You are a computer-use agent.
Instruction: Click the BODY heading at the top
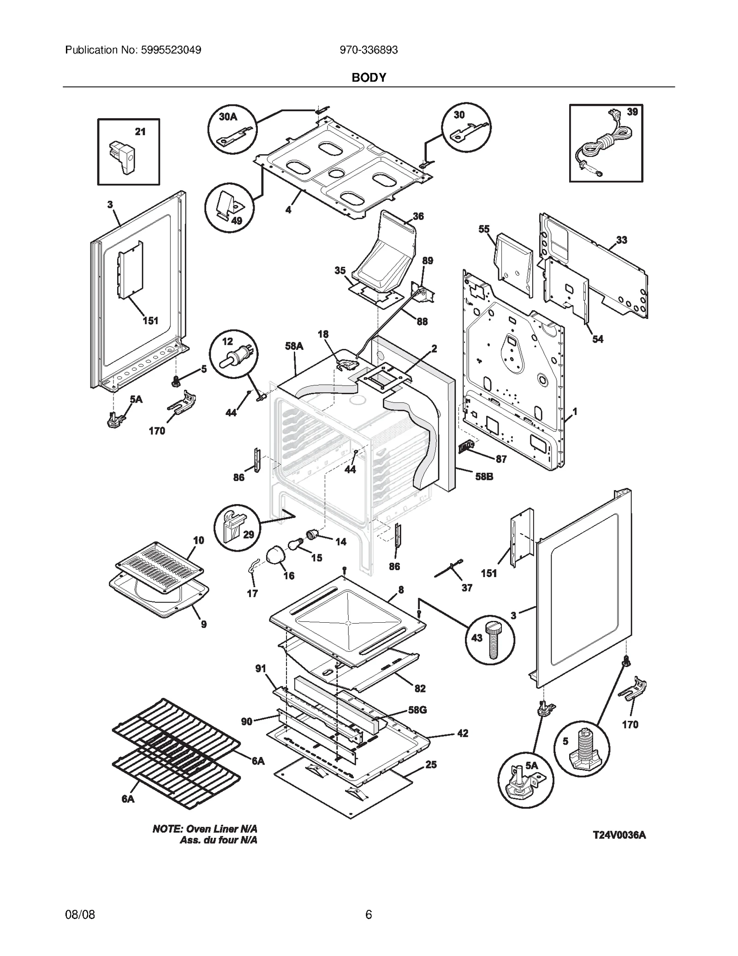(369, 78)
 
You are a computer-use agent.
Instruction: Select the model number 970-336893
(369, 50)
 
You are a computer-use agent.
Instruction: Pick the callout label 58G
(417, 709)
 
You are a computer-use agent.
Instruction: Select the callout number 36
(418, 216)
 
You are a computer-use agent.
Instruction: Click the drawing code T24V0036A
(619, 835)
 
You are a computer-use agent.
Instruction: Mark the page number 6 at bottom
(369, 914)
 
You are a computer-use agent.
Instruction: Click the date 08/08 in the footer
(80, 914)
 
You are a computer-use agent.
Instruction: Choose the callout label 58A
(294, 346)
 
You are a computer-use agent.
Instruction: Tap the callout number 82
(420, 688)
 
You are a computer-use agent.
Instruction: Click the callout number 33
(621, 240)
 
